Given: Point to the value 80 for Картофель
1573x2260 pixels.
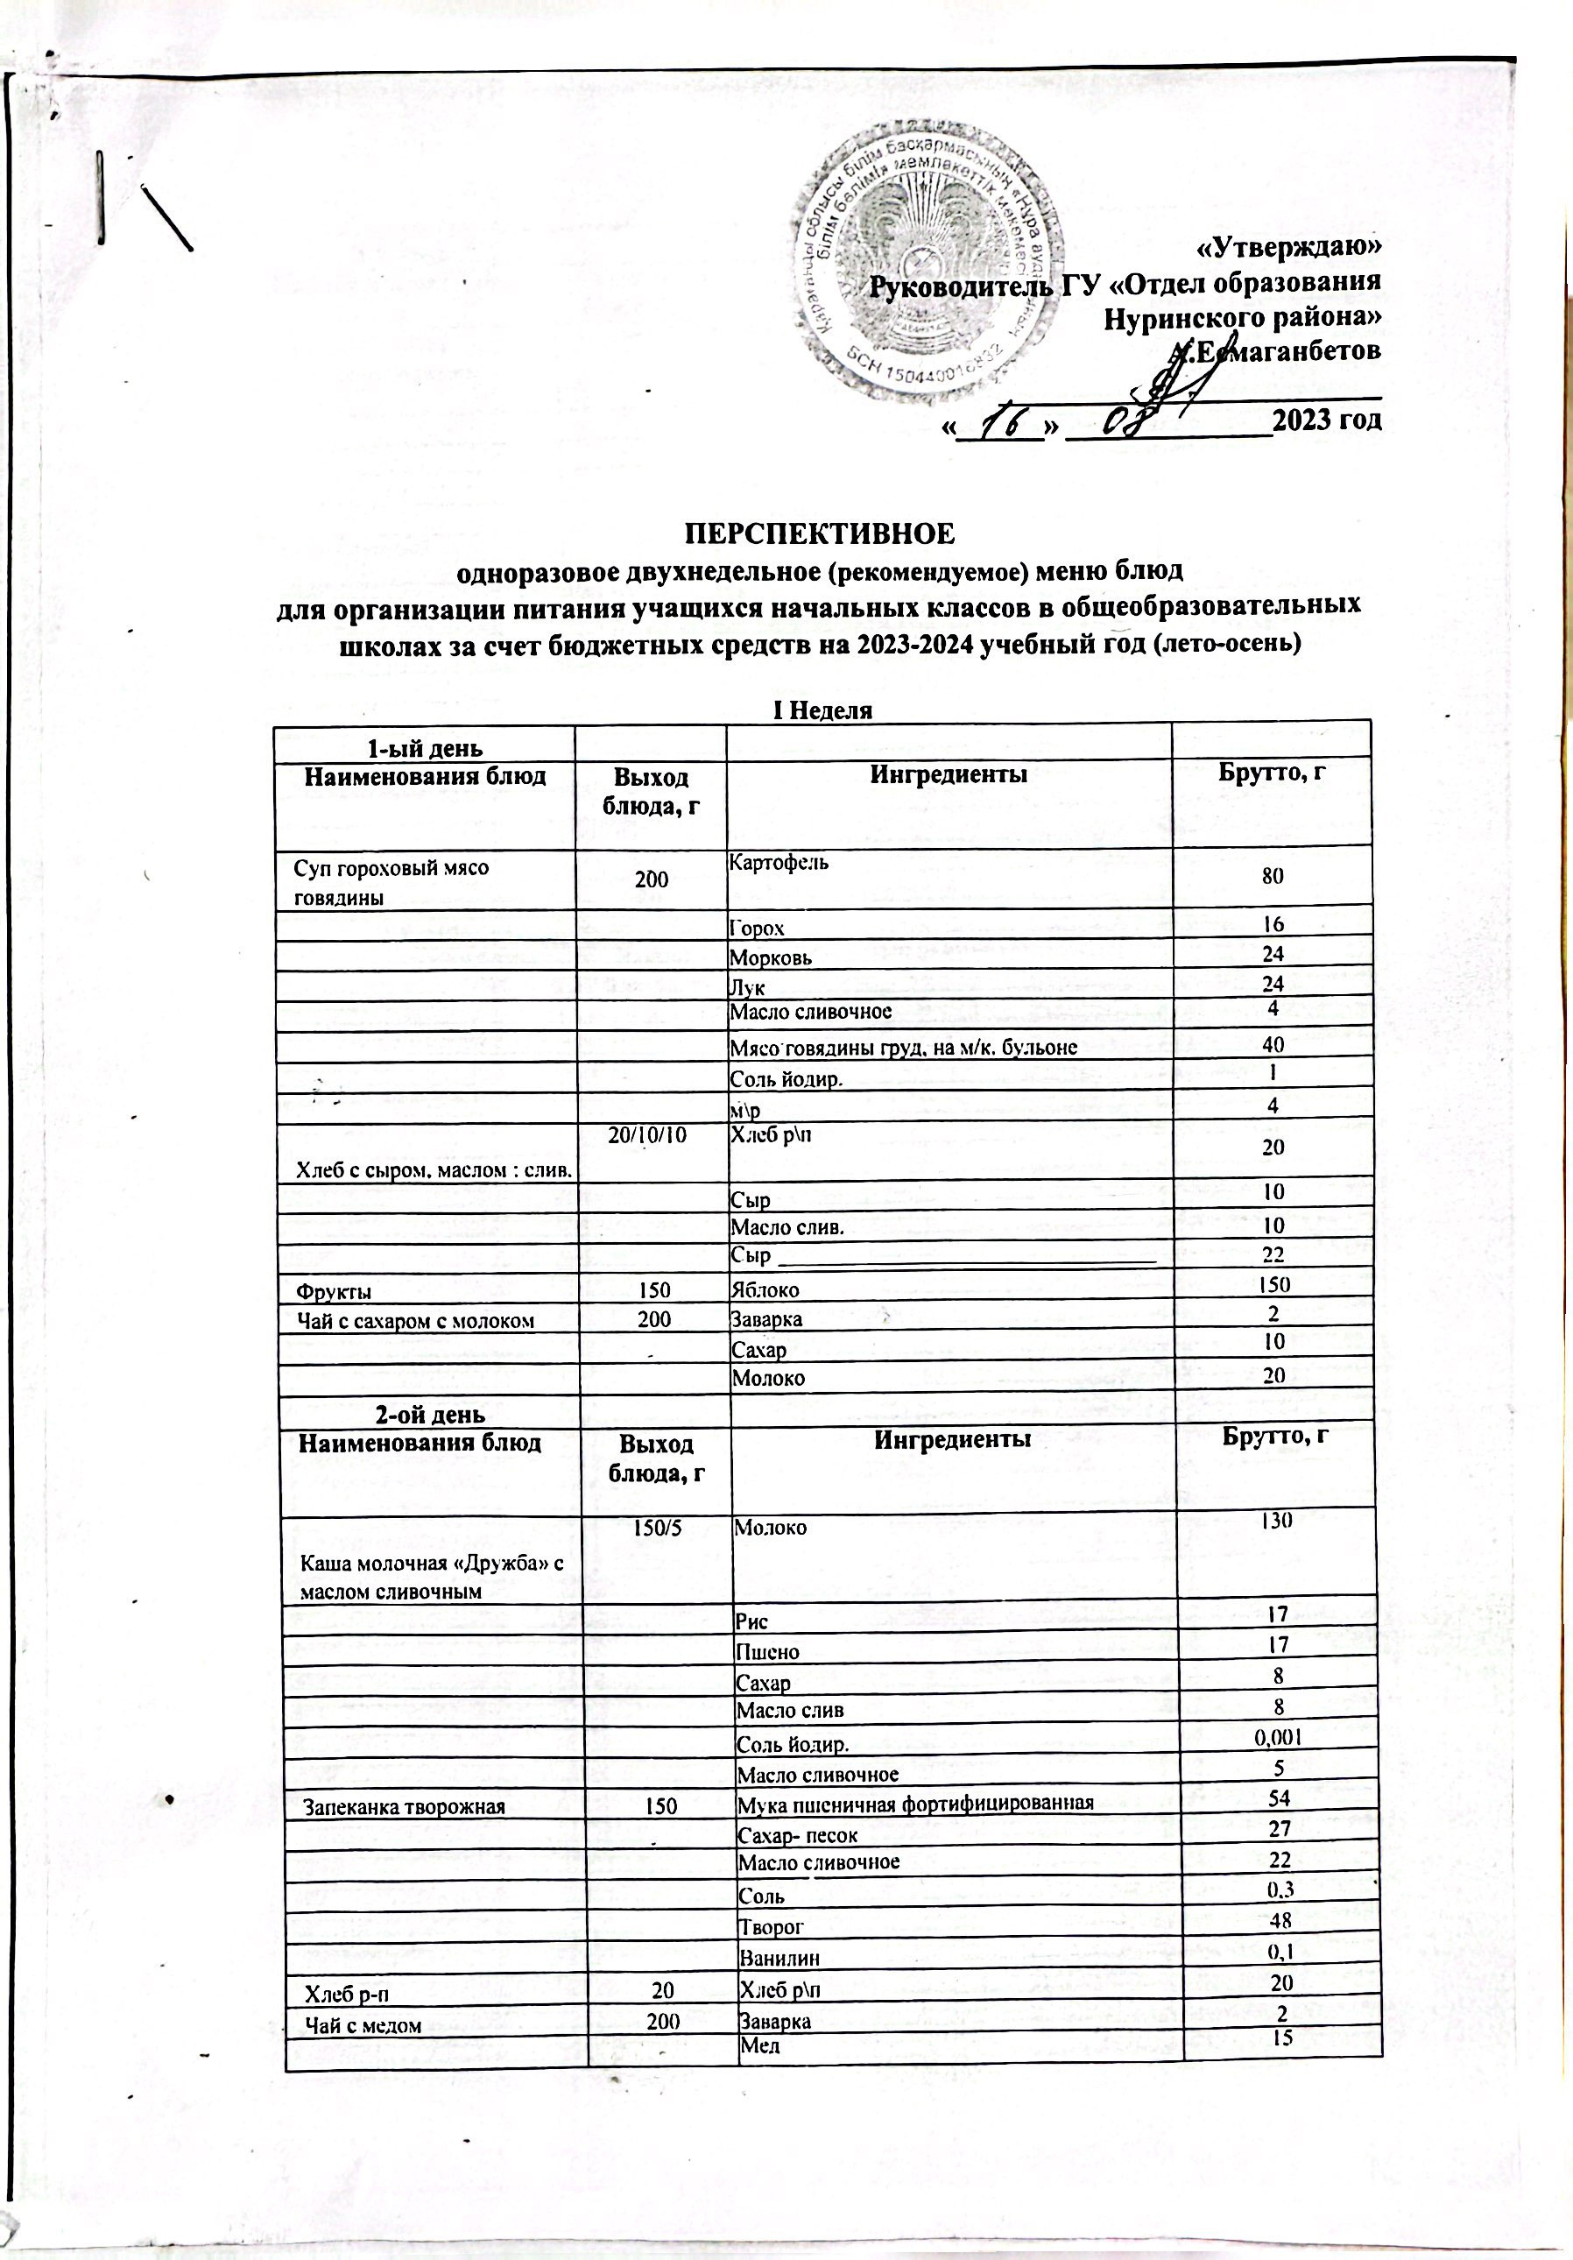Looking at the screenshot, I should click(1273, 876).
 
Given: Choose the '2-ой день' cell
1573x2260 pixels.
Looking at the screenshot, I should click(431, 1415).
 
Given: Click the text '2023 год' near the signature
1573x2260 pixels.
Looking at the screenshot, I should click(1326, 420).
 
